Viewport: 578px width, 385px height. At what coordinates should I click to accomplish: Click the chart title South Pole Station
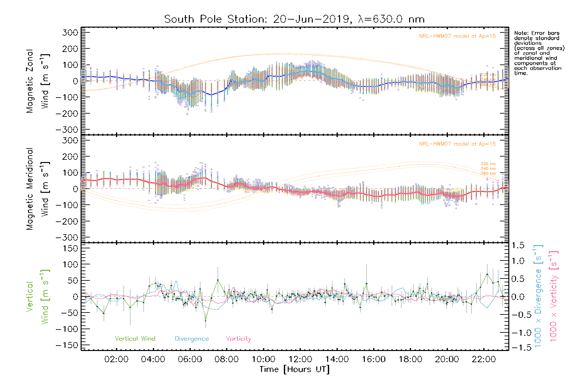pyautogui.click(x=294, y=19)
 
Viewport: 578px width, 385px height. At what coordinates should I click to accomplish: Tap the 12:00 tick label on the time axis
pyautogui.click(x=300, y=359)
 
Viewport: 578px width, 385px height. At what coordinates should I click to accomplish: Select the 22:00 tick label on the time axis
pyautogui.click(x=484, y=359)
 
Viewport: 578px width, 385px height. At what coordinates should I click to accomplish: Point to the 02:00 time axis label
pyautogui.click(x=116, y=359)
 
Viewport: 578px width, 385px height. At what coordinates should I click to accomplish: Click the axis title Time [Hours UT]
pyautogui.click(x=294, y=369)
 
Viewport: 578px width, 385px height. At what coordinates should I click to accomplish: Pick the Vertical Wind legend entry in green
pyautogui.click(x=135, y=338)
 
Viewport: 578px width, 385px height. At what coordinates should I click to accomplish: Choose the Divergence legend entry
pyautogui.click(x=192, y=339)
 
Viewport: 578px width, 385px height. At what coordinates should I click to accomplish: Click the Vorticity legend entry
pyautogui.click(x=238, y=338)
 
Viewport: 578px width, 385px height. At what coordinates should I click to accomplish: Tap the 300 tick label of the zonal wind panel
pyautogui.click(x=70, y=32)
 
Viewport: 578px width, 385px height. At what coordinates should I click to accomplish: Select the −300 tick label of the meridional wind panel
pyautogui.click(x=67, y=237)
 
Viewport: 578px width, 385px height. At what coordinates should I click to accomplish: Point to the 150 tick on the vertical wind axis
pyautogui.click(x=70, y=248)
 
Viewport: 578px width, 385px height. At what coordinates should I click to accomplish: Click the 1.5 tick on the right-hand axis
pyautogui.click(x=518, y=245)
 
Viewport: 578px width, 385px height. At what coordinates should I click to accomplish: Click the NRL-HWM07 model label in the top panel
pyautogui.click(x=457, y=36)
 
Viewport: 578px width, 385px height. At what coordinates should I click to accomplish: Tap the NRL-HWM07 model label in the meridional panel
pyautogui.click(x=457, y=144)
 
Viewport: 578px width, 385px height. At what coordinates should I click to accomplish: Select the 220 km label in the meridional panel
pyautogui.click(x=488, y=164)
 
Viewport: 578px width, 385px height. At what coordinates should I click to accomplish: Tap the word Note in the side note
pyautogui.click(x=521, y=33)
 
